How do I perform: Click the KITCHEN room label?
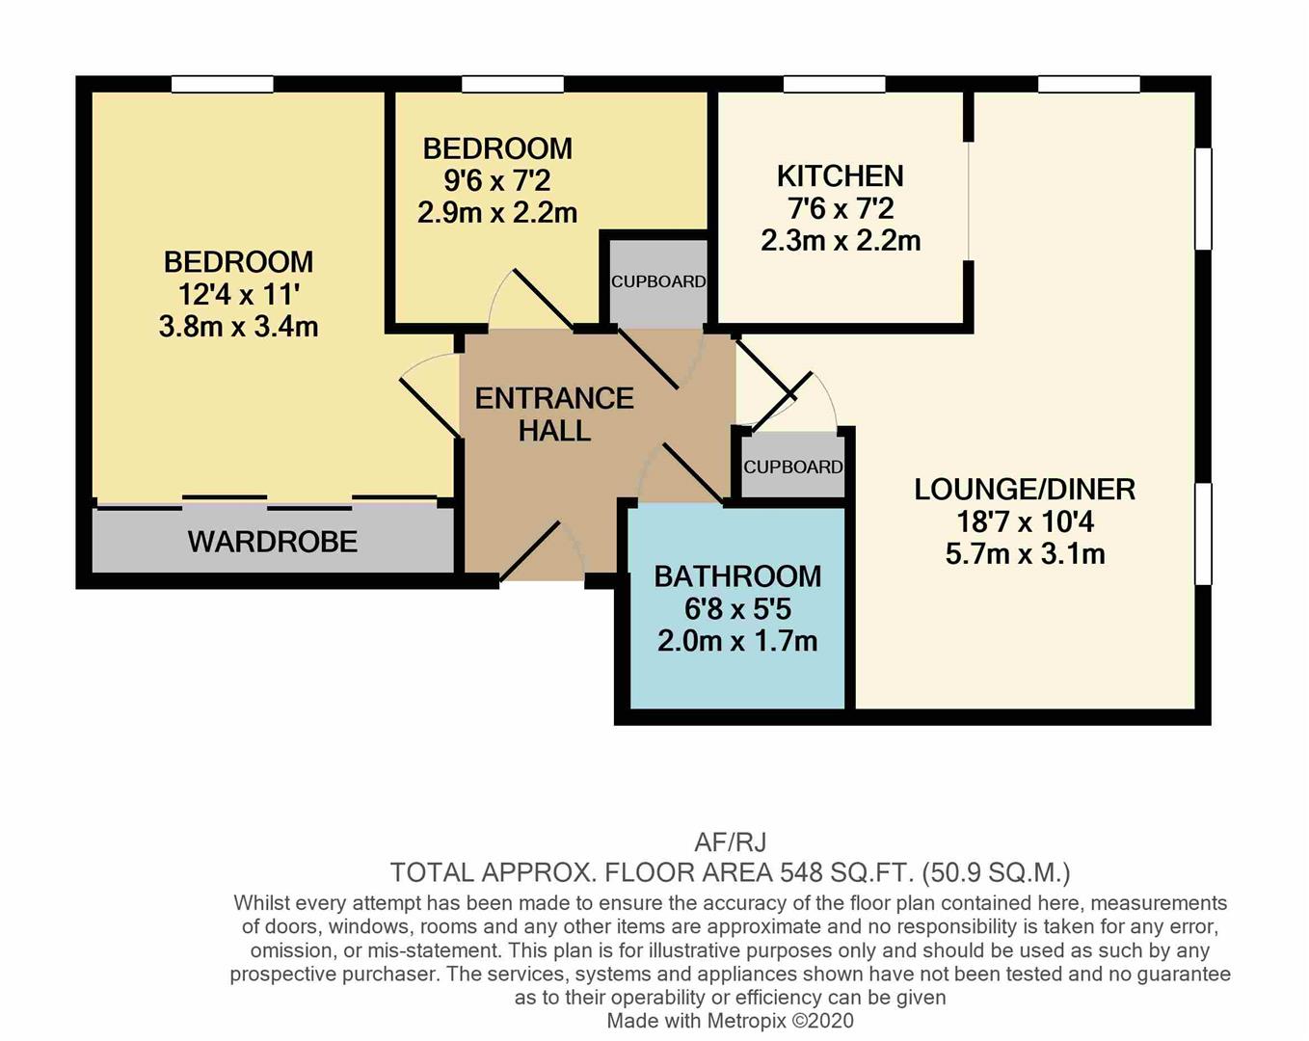[840, 175]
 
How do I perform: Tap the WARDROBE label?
[273, 542]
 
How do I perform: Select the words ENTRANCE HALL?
[554, 414]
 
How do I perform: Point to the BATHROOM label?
[737, 576]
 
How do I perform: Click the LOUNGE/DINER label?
[1025, 489]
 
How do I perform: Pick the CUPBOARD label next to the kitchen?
[658, 281]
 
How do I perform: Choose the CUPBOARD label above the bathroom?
[792, 467]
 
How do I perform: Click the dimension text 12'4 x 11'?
[238, 295]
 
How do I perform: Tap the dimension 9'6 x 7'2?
[497, 180]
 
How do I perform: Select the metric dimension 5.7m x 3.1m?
[1025, 554]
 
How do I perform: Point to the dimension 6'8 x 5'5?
[737, 609]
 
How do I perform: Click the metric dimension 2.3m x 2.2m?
[840, 242]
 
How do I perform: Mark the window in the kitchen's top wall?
[834, 85]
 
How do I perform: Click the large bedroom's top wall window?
[222, 85]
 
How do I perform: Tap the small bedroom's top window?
[513, 85]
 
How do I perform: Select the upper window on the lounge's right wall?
[1203, 199]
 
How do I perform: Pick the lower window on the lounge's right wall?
[1203, 534]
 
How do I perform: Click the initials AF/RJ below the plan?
[730, 842]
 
